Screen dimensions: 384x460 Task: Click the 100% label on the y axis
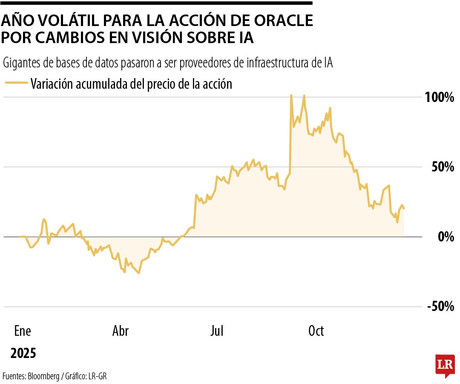tap(439, 97)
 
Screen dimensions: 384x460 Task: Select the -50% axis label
tap(440, 306)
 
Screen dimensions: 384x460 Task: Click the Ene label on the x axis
tap(23, 331)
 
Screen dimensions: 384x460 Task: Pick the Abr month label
tap(120, 331)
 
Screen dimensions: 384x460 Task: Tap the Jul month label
tap(217, 331)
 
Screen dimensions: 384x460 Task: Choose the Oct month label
tap(316, 331)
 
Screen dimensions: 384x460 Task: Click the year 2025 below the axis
tap(23, 353)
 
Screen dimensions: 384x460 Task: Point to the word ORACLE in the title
tap(276, 20)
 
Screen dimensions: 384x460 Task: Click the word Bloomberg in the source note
tap(44, 376)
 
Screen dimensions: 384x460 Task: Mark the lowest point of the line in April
tap(139, 273)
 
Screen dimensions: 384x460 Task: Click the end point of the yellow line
tap(404, 209)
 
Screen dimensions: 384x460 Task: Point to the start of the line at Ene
tap(20, 236)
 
